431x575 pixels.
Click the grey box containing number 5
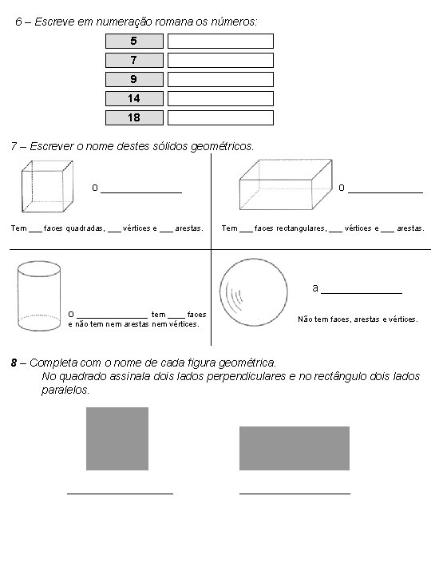click(x=134, y=41)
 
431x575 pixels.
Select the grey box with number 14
click(x=134, y=99)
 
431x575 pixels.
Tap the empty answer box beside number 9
click(x=220, y=80)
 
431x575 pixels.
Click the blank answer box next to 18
click(x=220, y=117)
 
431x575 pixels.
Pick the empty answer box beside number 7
click(x=220, y=60)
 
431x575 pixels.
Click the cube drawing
click(x=47, y=186)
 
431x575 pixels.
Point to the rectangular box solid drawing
click(x=286, y=184)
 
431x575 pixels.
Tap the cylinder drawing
click(x=39, y=296)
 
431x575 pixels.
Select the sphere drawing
click(x=254, y=292)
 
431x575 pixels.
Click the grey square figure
click(x=117, y=438)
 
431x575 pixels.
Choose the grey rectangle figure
click(x=295, y=448)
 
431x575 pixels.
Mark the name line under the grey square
click(x=121, y=494)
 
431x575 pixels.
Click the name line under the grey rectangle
click(x=295, y=494)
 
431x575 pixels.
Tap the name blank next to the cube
click(x=141, y=192)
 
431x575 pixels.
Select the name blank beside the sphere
click(x=362, y=293)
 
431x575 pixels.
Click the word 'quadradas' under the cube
click(x=85, y=228)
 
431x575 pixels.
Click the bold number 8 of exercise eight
click(x=14, y=363)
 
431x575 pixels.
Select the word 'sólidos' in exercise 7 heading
click(x=171, y=146)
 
